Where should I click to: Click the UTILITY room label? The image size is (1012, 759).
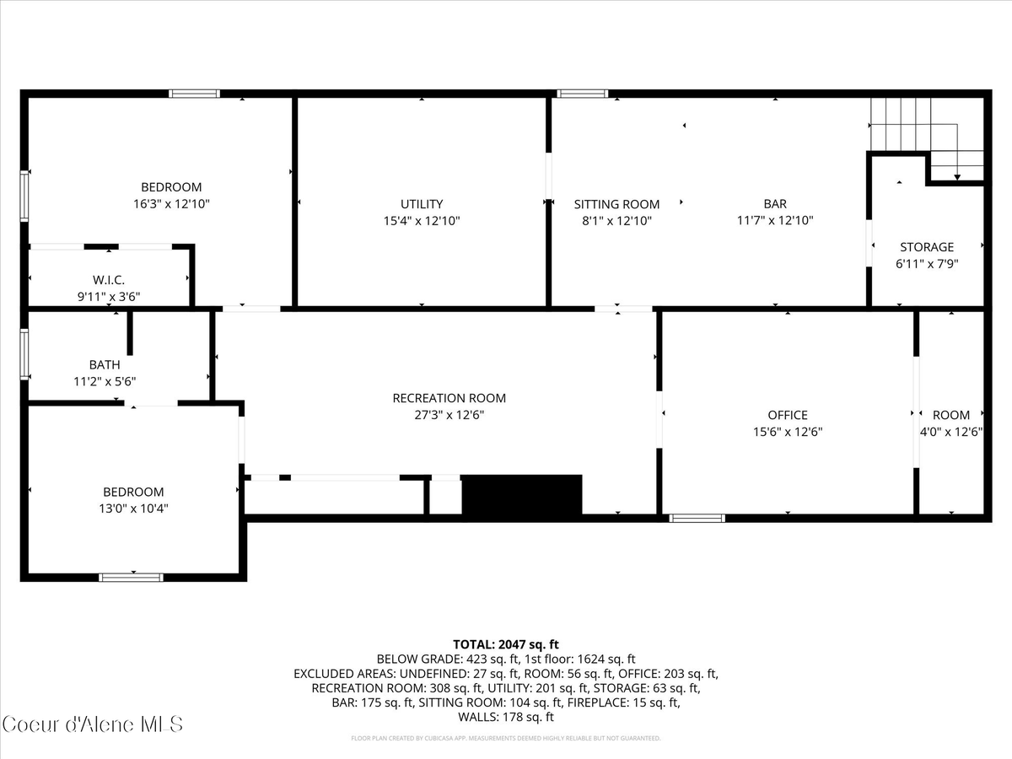coord(422,204)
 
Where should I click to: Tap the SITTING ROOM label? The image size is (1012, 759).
coord(616,204)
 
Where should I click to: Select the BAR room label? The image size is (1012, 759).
coord(775,204)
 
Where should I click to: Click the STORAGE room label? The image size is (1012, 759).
coord(927,247)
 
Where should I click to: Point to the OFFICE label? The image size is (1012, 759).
coord(788,415)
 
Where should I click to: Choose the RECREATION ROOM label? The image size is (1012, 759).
coord(449,398)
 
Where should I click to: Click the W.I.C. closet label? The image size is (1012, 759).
coord(109,280)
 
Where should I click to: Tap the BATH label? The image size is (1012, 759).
coord(105,365)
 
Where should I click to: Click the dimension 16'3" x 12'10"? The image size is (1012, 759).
coord(171,203)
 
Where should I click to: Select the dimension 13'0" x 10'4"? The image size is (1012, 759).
coord(133,509)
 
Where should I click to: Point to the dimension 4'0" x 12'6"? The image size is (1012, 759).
coord(951,431)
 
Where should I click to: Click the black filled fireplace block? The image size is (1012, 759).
coord(522,495)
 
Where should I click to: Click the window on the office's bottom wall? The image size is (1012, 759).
coord(697,518)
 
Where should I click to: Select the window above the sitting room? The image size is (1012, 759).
coord(582,94)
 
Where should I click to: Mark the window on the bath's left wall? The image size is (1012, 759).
coord(24,354)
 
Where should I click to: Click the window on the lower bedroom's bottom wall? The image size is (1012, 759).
coord(131,578)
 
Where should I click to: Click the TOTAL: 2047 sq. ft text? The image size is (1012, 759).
coord(506,643)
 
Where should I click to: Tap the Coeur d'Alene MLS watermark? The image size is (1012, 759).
coord(92,724)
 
